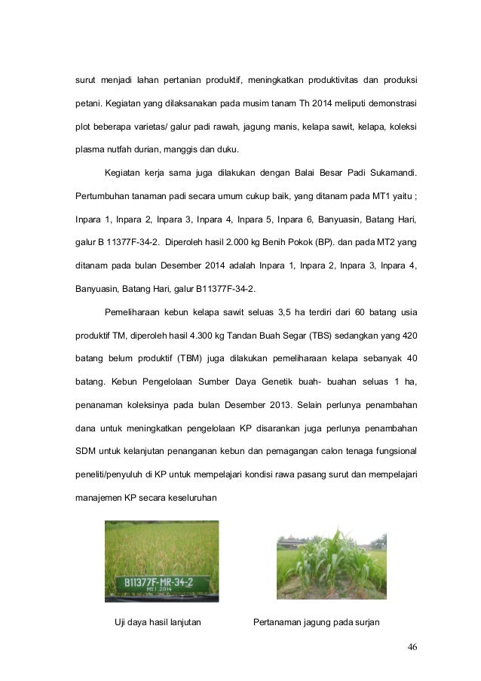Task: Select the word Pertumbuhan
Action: [x=101, y=198]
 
